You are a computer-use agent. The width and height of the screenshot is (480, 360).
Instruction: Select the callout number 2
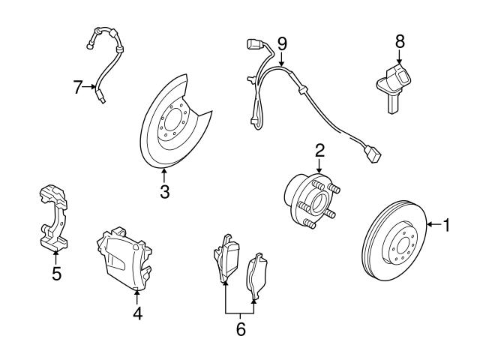point(319,150)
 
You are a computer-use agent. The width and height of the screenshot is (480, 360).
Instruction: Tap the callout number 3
point(164,191)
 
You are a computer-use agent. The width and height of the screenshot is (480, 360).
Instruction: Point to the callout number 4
point(137,313)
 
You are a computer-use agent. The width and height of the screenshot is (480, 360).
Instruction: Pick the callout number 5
point(56,273)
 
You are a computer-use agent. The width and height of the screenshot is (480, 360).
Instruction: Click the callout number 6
point(240,328)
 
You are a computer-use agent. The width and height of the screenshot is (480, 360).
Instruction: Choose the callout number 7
point(78,87)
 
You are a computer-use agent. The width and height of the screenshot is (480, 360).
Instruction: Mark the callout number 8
point(400,39)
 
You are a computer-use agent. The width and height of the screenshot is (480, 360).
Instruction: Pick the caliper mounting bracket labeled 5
point(52,217)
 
